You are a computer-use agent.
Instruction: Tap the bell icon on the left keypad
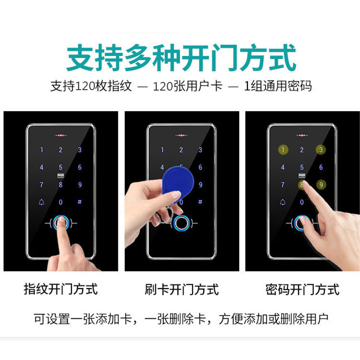coord(42,202)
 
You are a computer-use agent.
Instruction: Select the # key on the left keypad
coord(80,202)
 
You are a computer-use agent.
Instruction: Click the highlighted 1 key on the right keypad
coord(283,150)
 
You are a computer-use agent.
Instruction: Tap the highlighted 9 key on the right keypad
coord(321,185)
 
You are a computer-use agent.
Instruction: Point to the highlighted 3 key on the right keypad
coord(321,150)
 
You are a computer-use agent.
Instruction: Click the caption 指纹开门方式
coord(61,289)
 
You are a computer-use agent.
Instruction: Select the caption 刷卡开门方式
coord(182,289)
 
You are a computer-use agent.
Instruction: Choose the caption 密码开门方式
coord(302,289)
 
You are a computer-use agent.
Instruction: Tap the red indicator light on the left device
coord(60,136)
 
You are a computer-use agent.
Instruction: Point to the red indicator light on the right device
coord(302,136)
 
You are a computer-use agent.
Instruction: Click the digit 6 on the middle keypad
coord(200,167)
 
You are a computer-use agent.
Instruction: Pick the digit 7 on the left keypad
coord(42,185)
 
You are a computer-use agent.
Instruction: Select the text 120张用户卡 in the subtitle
coord(187,86)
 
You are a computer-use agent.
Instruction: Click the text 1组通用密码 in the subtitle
coord(278,86)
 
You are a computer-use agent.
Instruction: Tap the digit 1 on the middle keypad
coord(163,150)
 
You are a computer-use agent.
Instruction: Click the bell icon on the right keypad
coord(283,202)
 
